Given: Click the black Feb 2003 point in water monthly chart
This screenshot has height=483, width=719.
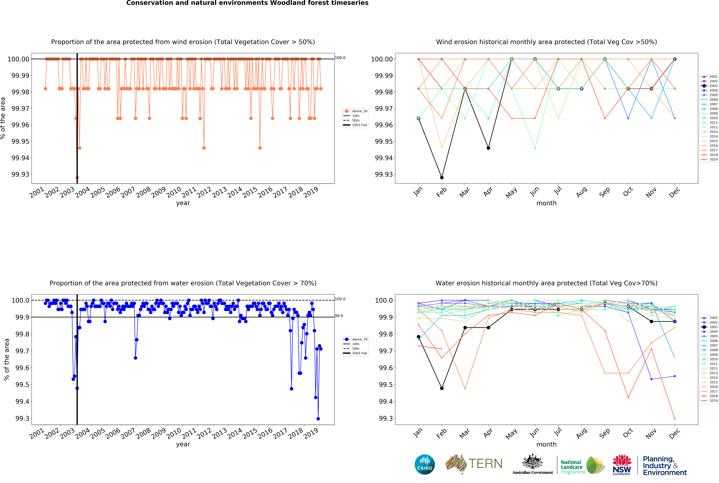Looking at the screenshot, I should [442, 388].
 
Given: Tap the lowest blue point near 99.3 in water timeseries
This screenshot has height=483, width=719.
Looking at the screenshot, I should [318, 419].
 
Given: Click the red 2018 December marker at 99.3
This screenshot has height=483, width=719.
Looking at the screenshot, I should [675, 419].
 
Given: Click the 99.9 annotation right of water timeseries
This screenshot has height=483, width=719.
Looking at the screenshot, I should [339, 316].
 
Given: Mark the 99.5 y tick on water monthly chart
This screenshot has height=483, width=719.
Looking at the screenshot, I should [385, 385].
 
